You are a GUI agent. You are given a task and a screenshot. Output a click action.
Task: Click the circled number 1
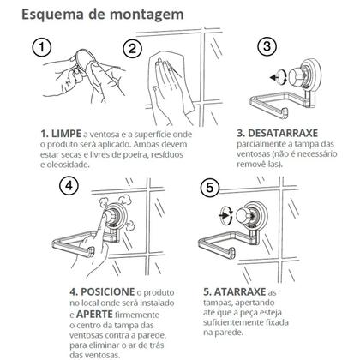(x=42, y=47)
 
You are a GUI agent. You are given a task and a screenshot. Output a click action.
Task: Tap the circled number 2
(x=133, y=49)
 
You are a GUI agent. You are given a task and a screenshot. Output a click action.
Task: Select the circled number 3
(x=267, y=46)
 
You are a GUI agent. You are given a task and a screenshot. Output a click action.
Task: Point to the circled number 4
(x=69, y=186)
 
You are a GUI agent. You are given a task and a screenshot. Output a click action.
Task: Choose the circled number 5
(x=210, y=188)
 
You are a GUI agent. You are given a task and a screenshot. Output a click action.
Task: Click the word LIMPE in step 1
(x=66, y=134)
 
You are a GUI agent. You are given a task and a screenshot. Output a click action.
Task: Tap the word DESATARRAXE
(x=283, y=134)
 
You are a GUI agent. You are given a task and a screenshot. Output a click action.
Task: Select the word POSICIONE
(x=108, y=292)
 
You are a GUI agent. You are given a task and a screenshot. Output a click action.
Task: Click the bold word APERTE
(x=94, y=315)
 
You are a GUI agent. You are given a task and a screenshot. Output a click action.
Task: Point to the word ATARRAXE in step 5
(x=240, y=291)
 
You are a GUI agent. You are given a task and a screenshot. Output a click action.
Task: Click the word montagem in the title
(x=147, y=15)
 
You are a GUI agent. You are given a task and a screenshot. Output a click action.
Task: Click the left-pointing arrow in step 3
(x=275, y=77)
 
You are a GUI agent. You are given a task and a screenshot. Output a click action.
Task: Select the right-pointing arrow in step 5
(x=223, y=214)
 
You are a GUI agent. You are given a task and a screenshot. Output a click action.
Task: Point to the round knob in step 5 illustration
(x=243, y=214)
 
